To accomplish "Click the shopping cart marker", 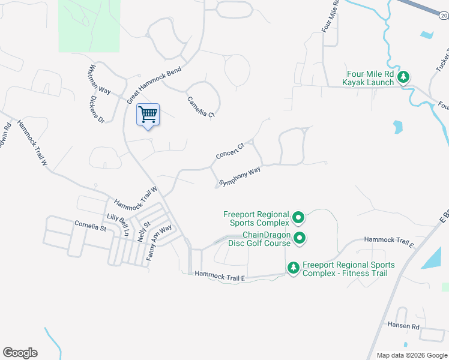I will click(x=148, y=114).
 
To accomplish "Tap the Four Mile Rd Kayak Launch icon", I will click(x=405, y=77).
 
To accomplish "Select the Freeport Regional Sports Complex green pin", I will click(x=298, y=218).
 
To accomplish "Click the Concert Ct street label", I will click(x=231, y=151).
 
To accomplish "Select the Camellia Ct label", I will click(x=200, y=107).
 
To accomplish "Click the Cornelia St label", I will click(x=90, y=227).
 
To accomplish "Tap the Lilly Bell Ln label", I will click(x=118, y=225).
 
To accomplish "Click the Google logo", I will click(x=20, y=353).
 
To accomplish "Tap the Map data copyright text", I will click(x=411, y=355).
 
